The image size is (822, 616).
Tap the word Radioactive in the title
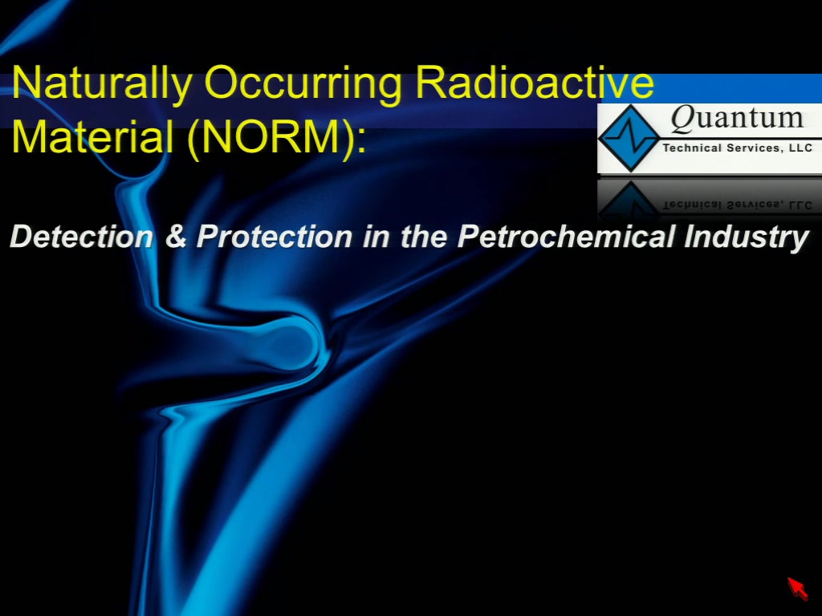point(535,82)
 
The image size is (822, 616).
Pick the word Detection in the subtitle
point(82,237)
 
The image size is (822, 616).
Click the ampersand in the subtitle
point(176,237)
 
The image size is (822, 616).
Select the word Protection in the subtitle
point(275,237)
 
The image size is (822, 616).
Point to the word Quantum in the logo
point(737,118)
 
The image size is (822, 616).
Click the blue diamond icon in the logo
point(629,138)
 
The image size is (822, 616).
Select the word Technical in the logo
point(692,148)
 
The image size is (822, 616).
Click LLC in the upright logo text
point(800,148)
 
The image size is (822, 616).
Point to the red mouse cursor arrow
point(797,589)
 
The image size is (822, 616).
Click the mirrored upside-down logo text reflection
point(738,205)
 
